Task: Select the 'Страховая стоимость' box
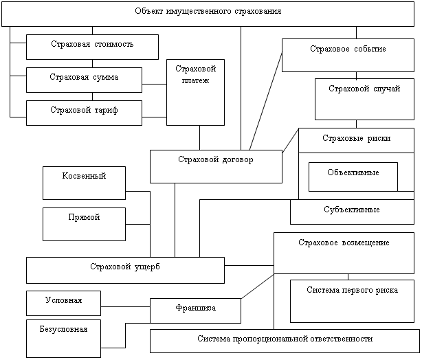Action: tap(92, 47)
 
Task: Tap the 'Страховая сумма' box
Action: tap(84, 79)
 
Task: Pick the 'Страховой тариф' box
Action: tap(84, 112)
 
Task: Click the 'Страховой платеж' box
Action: tap(195, 92)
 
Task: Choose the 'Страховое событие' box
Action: tap(347, 55)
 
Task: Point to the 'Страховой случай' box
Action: tap(364, 99)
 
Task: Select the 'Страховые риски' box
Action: tap(356, 140)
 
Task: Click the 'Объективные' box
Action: tap(353, 176)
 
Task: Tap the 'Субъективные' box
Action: tap(351, 212)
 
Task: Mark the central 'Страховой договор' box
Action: tap(216, 167)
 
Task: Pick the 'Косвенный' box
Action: tap(84, 183)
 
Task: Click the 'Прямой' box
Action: tap(84, 224)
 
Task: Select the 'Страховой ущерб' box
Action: tap(125, 269)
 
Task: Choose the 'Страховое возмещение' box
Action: tap(344, 252)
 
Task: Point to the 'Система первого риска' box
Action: tap(352, 300)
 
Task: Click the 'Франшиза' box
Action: tap(195, 311)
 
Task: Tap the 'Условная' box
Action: tap(63, 302)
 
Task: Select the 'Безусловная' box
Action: tap(63, 338)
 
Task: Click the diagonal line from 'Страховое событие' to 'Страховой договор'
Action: tap(265, 100)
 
